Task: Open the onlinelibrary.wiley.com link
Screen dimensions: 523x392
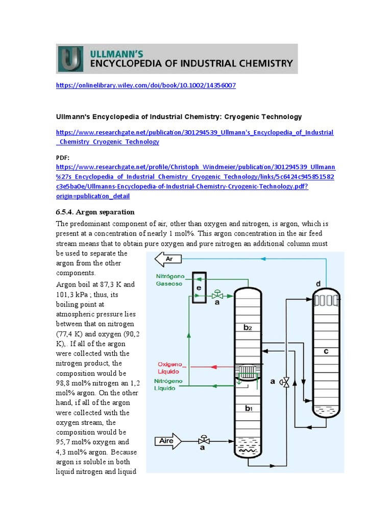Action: [x=145, y=85]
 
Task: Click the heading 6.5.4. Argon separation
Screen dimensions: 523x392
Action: [x=95, y=211]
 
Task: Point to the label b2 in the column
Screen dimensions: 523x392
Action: [x=247, y=327]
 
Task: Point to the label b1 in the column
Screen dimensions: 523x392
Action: [x=247, y=408]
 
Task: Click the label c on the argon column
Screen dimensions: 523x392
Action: [x=325, y=351]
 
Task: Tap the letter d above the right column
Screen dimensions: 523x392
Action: [x=318, y=283]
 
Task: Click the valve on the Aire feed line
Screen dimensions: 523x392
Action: [x=204, y=440]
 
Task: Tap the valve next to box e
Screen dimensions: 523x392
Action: [x=218, y=295]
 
